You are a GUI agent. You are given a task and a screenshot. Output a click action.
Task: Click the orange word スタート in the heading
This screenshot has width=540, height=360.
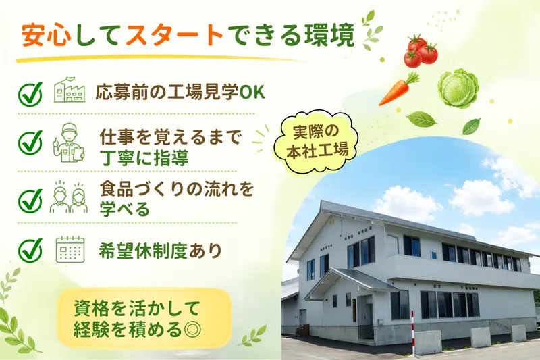175,36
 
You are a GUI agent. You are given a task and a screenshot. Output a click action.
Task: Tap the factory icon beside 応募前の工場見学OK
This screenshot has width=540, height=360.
70,91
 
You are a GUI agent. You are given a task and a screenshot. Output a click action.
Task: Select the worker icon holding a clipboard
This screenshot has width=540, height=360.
70,143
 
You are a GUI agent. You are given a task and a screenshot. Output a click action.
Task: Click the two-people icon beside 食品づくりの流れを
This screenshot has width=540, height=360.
69,197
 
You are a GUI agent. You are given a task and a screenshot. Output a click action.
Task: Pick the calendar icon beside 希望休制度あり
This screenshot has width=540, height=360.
70,250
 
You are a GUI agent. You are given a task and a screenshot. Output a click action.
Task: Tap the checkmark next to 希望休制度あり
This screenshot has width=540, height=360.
30,249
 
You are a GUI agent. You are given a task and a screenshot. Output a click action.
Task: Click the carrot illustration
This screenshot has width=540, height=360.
398,88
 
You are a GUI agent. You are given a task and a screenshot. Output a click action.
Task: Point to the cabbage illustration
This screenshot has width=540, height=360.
458,88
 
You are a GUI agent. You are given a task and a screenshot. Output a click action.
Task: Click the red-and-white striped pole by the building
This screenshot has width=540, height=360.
412,332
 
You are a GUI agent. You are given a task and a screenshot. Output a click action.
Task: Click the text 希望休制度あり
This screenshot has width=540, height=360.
160,251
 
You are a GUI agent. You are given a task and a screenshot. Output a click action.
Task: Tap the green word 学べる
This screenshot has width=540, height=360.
125,209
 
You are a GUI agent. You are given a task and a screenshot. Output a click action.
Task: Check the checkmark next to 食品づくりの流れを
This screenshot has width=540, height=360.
30,200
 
